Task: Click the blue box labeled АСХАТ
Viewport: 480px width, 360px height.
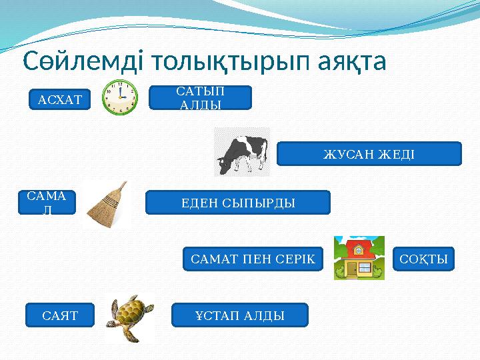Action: (60, 100)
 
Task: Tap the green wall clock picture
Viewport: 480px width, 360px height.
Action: (120, 97)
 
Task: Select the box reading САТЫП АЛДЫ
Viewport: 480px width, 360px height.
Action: (201, 97)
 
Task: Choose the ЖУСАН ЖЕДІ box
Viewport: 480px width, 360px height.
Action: (369, 154)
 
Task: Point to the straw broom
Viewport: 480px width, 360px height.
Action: (107, 204)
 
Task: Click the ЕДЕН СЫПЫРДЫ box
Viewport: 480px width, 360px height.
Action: (238, 202)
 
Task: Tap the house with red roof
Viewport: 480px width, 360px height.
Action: (359, 257)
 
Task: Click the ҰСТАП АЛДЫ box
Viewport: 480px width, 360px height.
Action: (240, 315)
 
